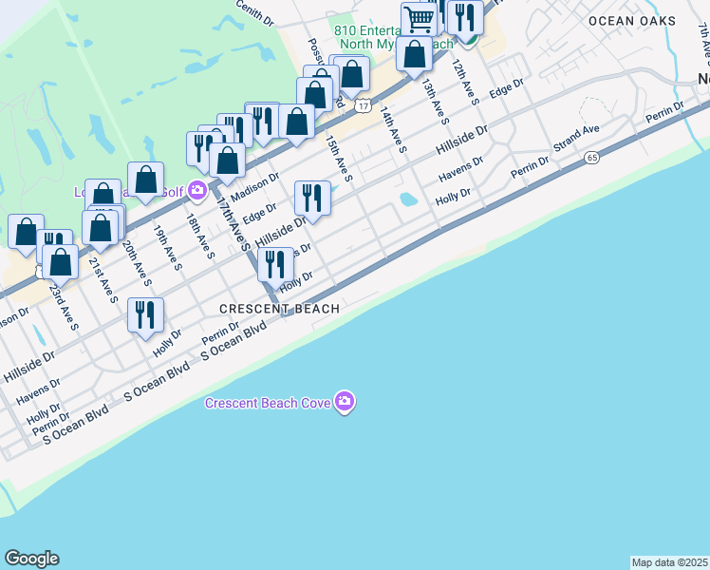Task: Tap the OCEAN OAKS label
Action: [x=631, y=21]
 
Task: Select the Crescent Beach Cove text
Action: [x=268, y=403]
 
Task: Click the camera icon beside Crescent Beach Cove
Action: [x=345, y=403]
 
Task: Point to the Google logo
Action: [x=31, y=559]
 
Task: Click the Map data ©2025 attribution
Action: [x=669, y=562]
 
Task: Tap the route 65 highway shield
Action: [x=592, y=157]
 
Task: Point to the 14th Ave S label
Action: [x=392, y=130]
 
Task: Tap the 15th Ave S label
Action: [x=338, y=157]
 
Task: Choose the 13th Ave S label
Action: [x=434, y=103]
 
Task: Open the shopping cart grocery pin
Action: [x=418, y=17]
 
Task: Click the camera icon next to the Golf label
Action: [x=196, y=191]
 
